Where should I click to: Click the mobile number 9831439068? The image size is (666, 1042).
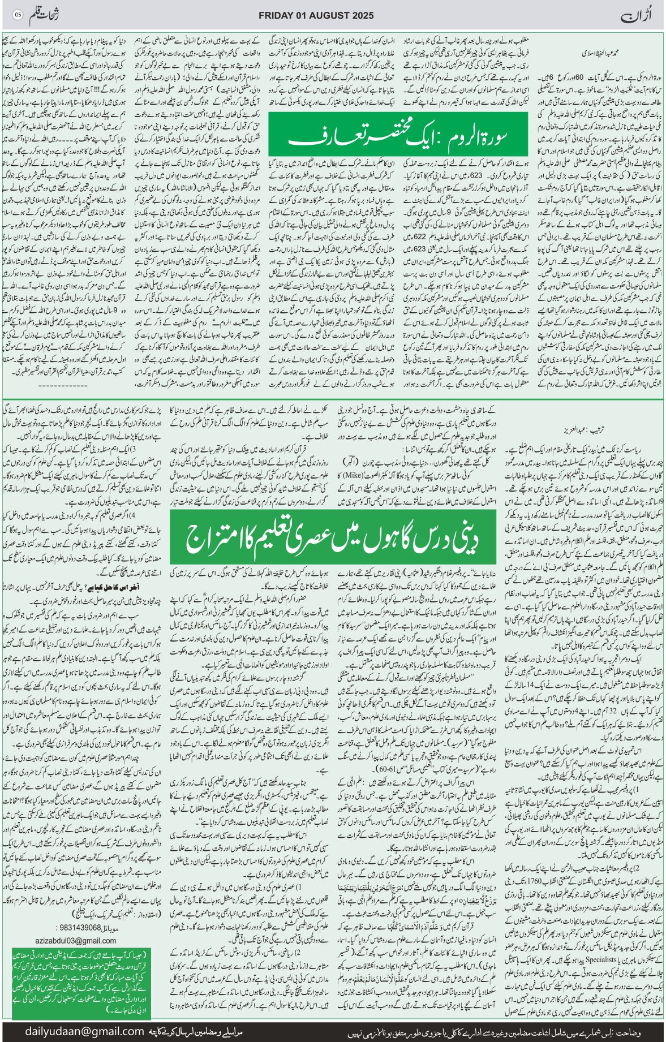[x=79, y=928]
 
